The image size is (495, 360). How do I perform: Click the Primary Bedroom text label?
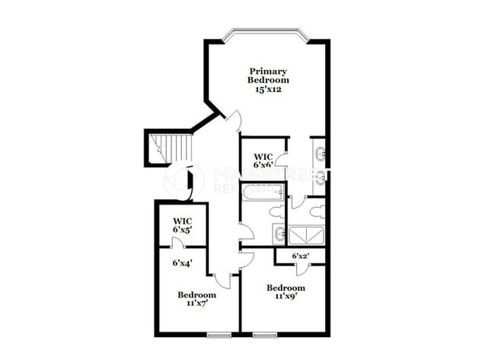point(268,75)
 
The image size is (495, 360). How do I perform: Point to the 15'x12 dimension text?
point(268,88)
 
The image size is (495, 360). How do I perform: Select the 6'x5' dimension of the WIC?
point(181,229)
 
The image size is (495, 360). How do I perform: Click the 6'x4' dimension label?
point(181,263)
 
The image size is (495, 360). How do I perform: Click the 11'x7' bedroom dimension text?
point(196,304)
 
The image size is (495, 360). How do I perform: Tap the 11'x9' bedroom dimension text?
point(286,298)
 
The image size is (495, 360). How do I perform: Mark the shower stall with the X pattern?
point(308,234)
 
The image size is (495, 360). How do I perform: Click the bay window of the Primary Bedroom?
point(266,34)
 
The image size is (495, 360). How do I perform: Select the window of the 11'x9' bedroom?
point(265,334)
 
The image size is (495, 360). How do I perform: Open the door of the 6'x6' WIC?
point(281,160)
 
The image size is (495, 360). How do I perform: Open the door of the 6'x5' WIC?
point(177,244)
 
